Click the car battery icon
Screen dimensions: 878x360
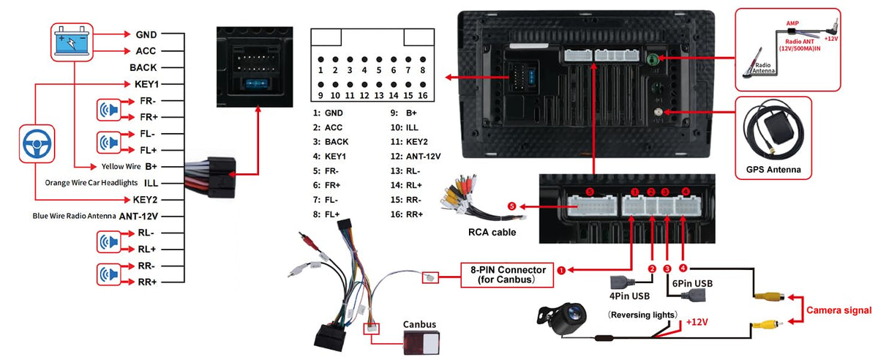coord(72,42)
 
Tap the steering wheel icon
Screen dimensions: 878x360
coord(37,143)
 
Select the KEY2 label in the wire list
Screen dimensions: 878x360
coord(145,200)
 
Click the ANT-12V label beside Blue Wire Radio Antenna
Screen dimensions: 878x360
coord(138,216)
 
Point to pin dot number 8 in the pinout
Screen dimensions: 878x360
coord(423,59)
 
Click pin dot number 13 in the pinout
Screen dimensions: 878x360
coord(379,85)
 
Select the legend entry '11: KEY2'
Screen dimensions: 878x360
coord(409,141)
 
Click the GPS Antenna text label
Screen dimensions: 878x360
coord(773,170)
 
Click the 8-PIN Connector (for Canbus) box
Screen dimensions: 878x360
coord(507,275)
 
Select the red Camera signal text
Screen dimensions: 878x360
coord(838,310)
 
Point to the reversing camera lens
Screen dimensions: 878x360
coord(574,314)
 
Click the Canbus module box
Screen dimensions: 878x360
coord(421,342)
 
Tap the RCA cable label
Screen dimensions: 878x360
coord(492,232)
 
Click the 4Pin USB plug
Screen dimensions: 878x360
coord(620,282)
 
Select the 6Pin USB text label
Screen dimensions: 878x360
coord(692,283)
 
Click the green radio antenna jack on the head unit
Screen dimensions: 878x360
coord(652,59)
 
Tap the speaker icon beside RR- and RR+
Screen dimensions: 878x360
coord(108,274)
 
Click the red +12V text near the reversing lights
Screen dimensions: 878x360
coord(697,322)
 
